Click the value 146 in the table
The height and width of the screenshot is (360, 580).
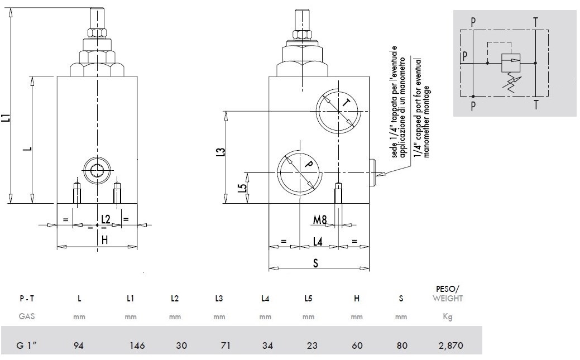137,345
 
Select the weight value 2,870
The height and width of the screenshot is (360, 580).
450,345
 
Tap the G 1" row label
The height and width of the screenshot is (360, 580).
27,345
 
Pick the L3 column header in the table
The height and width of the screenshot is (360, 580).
219,298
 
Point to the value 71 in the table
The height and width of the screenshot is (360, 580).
226,345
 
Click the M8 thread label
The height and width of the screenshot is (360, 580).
320,220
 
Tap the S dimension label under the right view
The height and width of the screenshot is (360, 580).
315,263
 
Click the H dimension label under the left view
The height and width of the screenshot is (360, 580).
105,240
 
